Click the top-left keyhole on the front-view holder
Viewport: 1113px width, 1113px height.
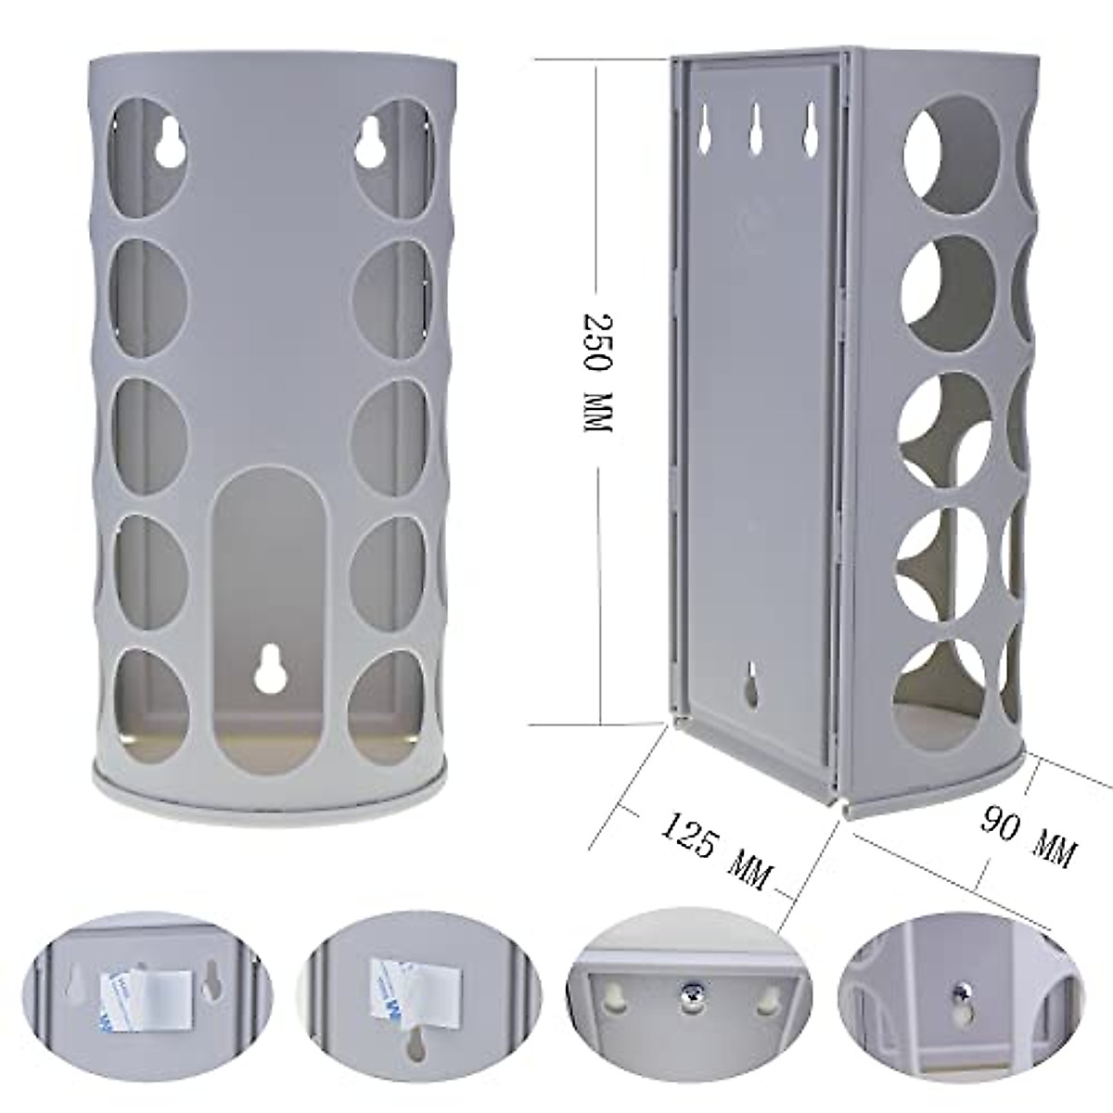[170, 144]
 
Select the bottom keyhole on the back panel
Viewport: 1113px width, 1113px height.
[752, 684]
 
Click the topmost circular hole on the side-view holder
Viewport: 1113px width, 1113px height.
[938, 153]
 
